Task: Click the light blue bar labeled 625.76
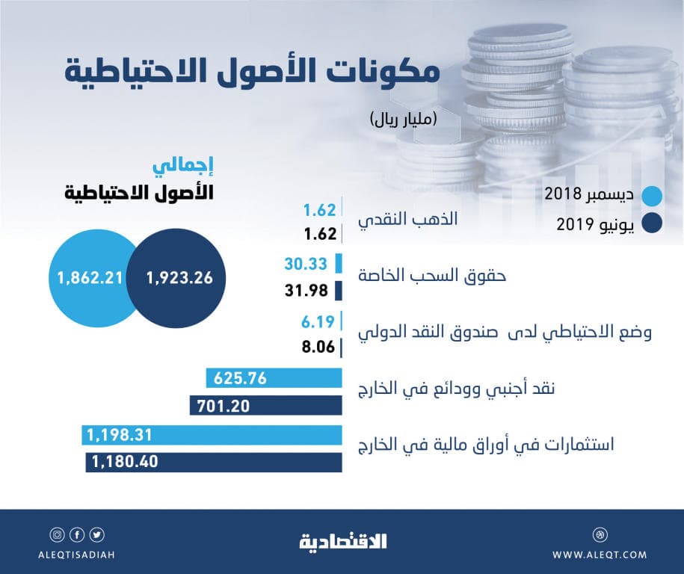(274, 378)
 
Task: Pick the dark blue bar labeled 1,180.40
(214, 462)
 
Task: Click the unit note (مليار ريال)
(403, 117)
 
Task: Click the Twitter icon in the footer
(99, 535)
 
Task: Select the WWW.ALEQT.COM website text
(600, 554)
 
